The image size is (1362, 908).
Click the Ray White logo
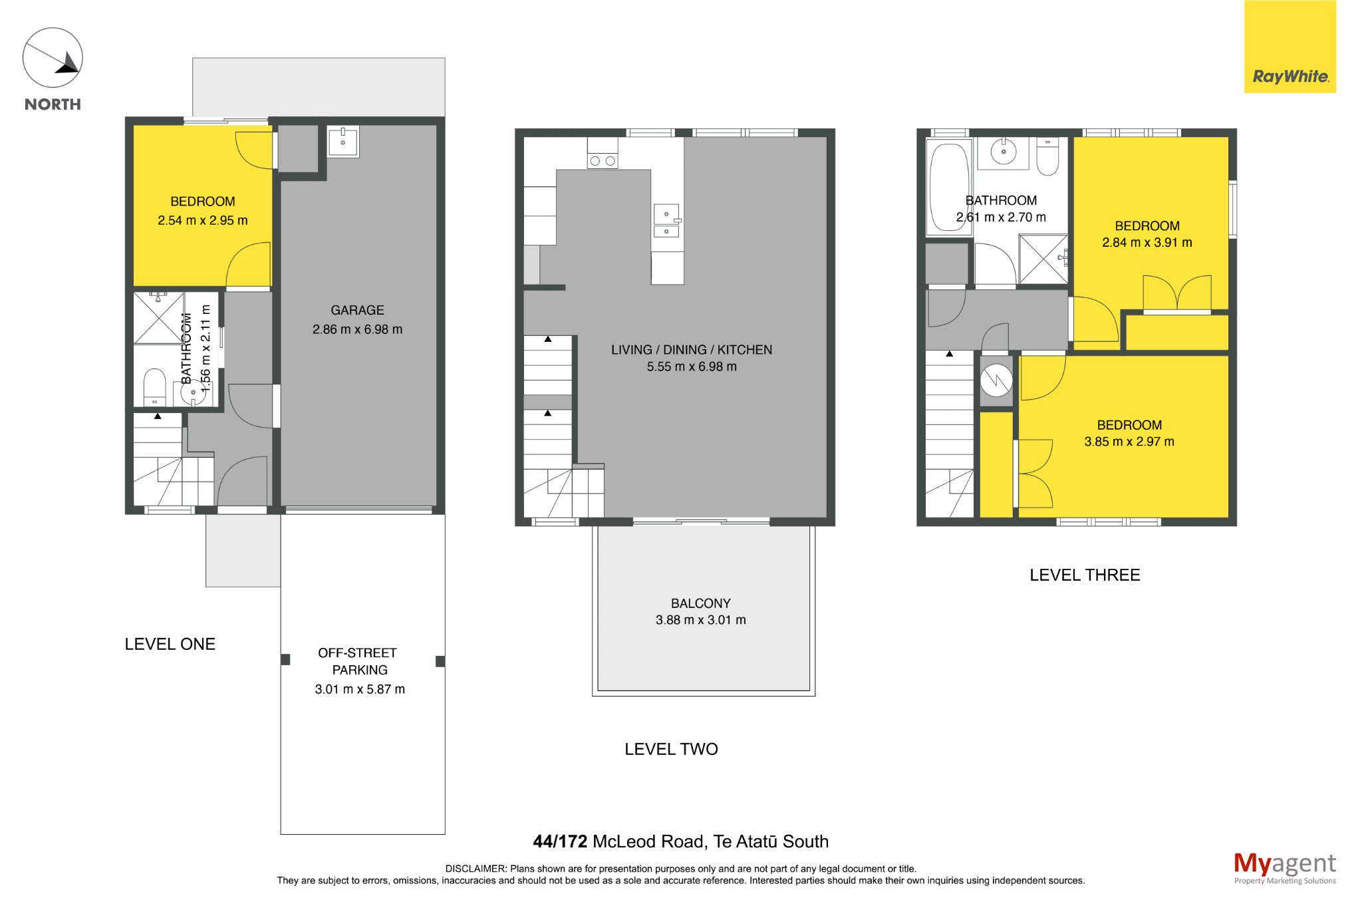point(1290,47)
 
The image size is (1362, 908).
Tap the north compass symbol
point(53,58)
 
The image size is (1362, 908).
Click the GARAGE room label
point(357,310)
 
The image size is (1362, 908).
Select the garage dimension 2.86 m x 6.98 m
point(357,329)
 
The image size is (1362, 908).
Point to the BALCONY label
point(700,603)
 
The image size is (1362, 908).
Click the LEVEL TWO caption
point(671,749)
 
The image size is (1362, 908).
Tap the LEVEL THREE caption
point(1085,575)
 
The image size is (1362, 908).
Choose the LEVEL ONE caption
point(170,644)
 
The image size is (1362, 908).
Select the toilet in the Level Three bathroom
point(1047,156)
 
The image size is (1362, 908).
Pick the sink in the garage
point(343,141)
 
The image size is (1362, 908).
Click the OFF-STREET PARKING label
point(358,661)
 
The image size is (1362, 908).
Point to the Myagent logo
point(1284,868)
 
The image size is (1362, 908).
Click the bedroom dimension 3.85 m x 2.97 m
point(1129,442)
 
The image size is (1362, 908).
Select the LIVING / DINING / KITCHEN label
point(692,350)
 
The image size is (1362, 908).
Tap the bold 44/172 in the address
point(560,841)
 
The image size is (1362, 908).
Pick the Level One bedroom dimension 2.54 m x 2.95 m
point(203,220)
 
